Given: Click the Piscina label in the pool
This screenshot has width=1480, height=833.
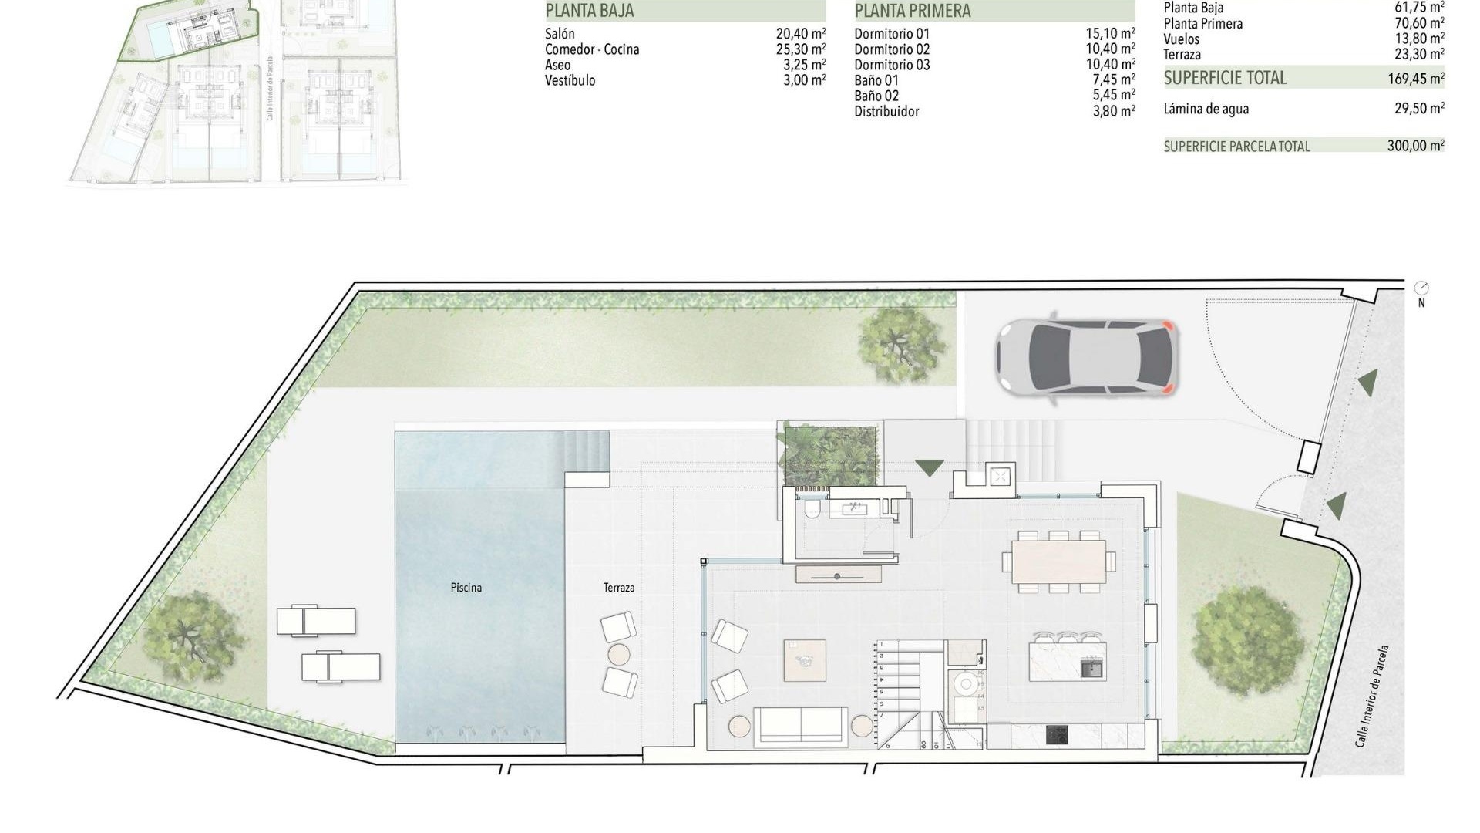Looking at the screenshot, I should (x=466, y=588).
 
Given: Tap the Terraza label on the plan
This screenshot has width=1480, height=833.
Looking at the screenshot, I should (x=619, y=588).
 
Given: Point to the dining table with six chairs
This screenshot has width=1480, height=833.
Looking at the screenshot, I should (x=1058, y=562).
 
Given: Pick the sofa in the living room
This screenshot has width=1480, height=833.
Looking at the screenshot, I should (x=799, y=727).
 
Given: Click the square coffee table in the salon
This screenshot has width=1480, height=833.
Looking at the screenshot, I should (x=805, y=660).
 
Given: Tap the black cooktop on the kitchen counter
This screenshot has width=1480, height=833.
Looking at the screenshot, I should (x=1057, y=735).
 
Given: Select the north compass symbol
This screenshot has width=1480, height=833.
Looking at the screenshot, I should (x=1421, y=289).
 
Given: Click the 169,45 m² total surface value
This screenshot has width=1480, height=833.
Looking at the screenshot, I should (x=1415, y=78).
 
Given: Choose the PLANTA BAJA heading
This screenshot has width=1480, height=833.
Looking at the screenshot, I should (x=590, y=11).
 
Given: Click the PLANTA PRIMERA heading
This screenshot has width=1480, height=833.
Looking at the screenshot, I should (x=913, y=11).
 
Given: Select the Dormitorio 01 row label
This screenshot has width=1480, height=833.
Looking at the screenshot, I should (x=892, y=34).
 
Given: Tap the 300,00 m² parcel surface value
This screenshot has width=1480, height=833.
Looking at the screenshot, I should (x=1415, y=145).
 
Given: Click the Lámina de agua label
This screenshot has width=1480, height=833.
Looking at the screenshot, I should (x=1206, y=109).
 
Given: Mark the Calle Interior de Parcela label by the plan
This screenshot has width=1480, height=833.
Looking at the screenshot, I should (x=1372, y=696).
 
